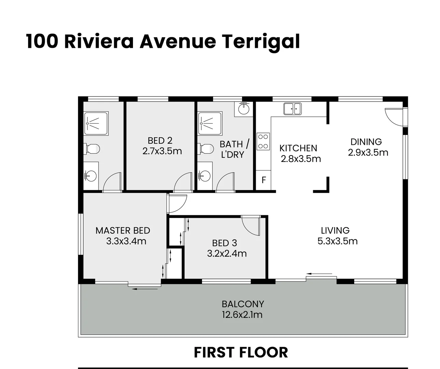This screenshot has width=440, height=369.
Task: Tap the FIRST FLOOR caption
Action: click(x=241, y=352)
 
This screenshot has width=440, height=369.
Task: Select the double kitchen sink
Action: click(x=292, y=109)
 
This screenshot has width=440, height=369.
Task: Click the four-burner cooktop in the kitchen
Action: click(x=263, y=141)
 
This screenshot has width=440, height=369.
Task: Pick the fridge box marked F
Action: click(x=264, y=180)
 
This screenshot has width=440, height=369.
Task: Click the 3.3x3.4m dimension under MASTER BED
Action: click(x=126, y=241)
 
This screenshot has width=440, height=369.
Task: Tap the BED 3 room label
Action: click(x=224, y=243)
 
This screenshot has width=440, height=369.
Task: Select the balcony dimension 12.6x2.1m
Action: click(x=242, y=315)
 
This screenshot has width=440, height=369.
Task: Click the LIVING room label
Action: click(x=335, y=231)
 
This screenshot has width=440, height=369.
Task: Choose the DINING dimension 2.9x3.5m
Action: click(x=368, y=152)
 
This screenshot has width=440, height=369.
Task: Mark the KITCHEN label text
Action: click(x=298, y=148)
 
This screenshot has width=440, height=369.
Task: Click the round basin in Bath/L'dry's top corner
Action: click(x=243, y=109)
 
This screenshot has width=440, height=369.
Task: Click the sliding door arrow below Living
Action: click(x=320, y=274)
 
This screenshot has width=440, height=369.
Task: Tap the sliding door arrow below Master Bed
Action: click(x=145, y=289)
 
